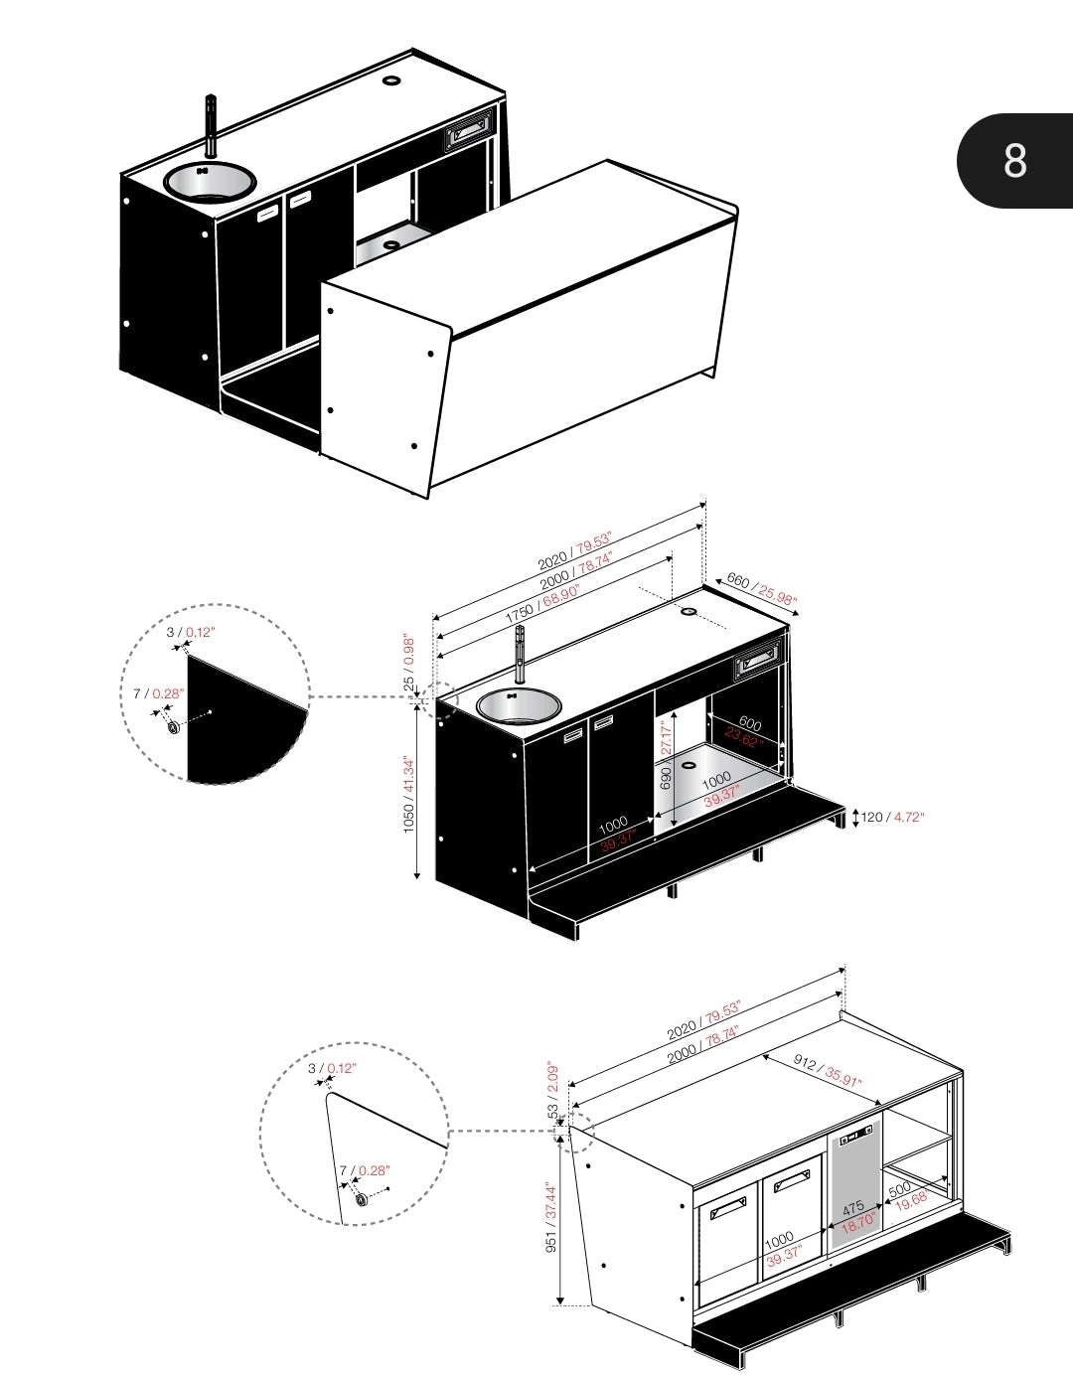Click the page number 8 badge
(1014, 160)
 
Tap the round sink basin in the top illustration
(209, 181)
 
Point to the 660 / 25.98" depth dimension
(762, 588)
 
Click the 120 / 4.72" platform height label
(891, 817)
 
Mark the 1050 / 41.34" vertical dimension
(408, 795)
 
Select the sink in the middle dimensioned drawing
(518, 705)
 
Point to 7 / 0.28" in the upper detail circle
(159, 693)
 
